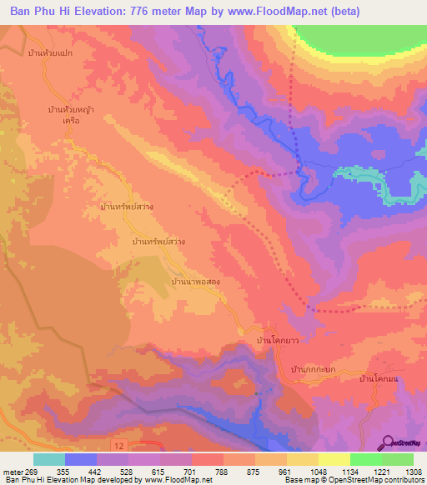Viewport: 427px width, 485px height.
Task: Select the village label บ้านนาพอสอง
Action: click(x=196, y=282)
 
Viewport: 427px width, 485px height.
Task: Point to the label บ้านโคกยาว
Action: click(x=279, y=341)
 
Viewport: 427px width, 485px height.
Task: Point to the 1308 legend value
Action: click(x=403, y=472)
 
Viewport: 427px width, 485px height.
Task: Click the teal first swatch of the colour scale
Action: click(x=49, y=459)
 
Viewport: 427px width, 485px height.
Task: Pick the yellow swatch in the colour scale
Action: click(x=334, y=459)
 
